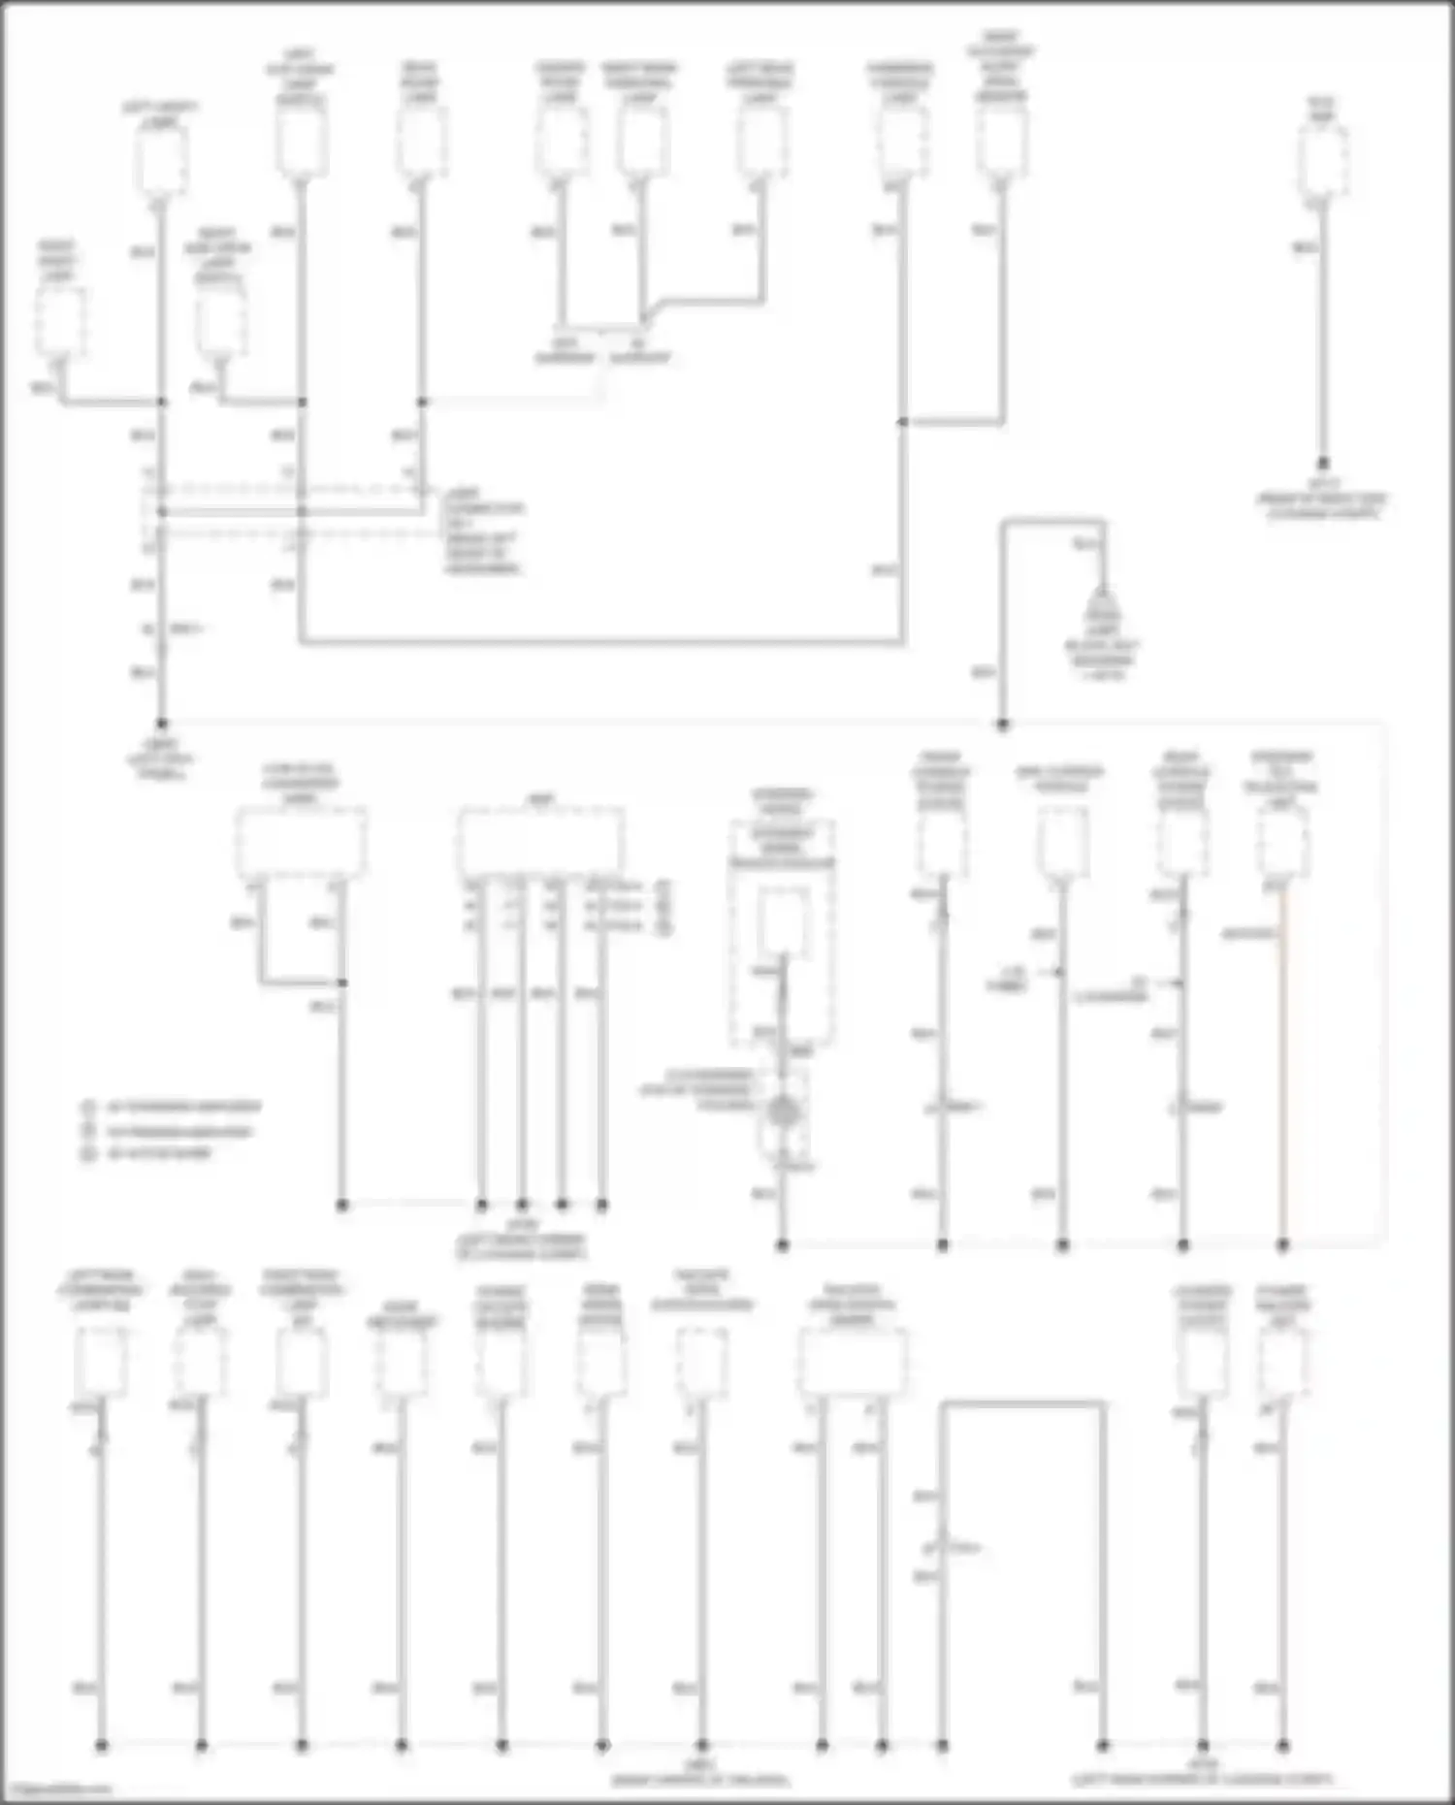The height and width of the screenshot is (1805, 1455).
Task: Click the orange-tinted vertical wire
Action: pyautogui.click(x=1282, y=1067)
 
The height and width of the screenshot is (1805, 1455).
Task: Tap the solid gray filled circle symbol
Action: pyautogui.click(x=782, y=1112)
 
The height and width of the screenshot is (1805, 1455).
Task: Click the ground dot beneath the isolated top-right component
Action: pyautogui.click(x=1323, y=465)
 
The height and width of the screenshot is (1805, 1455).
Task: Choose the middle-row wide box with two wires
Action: pyautogui.click(x=301, y=842)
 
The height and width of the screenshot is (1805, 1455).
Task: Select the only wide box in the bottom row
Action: pyautogui.click(x=853, y=1360)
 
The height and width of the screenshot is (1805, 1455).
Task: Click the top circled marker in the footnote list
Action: pyautogui.click(x=88, y=1107)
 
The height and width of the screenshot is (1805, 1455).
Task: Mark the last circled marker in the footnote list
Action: pyautogui.click(x=88, y=1154)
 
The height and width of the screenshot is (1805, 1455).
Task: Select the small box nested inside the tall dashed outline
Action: pyautogui.click(x=782, y=919)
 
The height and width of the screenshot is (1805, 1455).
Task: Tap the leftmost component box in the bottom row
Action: pyautogui.click(x=101, y=1360)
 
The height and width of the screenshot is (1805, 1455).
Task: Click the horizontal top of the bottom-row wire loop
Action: pyautogui.click(x=1022, y=1403)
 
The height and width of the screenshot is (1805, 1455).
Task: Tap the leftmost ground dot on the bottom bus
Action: pyautogui.click(x=101, y=1746)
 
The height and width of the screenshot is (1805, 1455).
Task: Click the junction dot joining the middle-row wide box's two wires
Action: pyautogui.click(x=341, y=983)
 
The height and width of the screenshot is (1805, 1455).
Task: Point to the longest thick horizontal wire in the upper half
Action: pyautogui.click(x=601, y=641)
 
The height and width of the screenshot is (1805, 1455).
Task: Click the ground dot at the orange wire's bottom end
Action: pyautogui.click(x=1282, y=1244)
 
